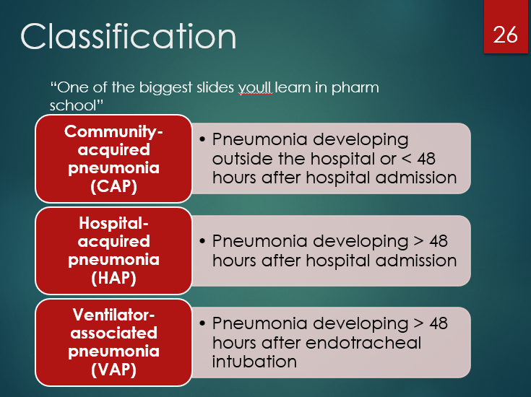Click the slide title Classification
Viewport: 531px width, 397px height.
pyautogui.click(x=129, y=37)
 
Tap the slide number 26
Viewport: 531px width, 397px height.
pyautogui.click(x=506, y=34)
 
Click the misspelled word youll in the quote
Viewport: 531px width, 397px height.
pyautogui.click(x=256, y=87)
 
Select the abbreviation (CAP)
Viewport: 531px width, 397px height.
pyautogui.click(x=113, y=186)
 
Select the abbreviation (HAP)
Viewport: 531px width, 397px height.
pyautogui.click(x=113, y=277)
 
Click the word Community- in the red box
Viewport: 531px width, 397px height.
pyautogui.click(x=113, y=131)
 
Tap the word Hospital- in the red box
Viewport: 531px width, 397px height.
pyautogui.click(x=113, y=223)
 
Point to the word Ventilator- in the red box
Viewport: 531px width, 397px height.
pyautogui.click(x=113, y=315)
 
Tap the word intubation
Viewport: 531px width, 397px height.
pyautogui.click(x=254, y=361)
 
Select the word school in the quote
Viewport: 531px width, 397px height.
pyautogui.click(x=74, y=105)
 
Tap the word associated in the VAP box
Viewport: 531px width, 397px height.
pyautogui.click(x=113, y=333)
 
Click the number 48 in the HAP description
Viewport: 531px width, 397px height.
pyautogui.click(x=437, y=241)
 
